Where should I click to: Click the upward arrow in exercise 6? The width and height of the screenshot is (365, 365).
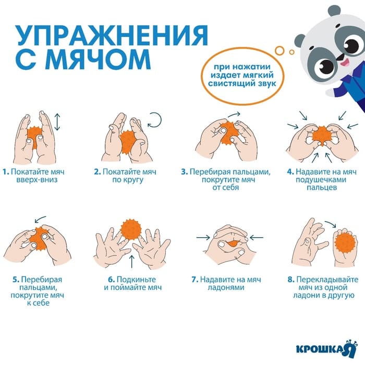(132, 262)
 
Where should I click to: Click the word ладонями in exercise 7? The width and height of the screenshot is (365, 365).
(226, 287)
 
